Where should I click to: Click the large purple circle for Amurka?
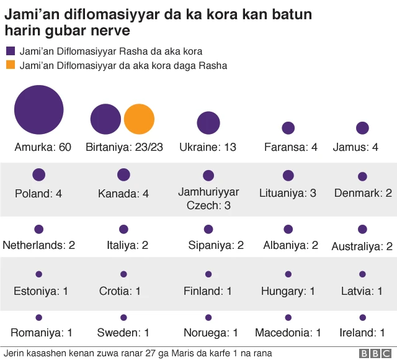(39, 110)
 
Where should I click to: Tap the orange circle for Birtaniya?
(139, 120)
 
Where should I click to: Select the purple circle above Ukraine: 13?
(208, 123)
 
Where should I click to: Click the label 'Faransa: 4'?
(291, 148)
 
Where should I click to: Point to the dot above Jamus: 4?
(363, 128)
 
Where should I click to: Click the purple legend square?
(11, 52)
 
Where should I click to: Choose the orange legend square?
(11, 65)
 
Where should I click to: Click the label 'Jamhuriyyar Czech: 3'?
(208, 199)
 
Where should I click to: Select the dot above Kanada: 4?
(123, 174)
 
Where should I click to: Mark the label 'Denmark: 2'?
(363, 193)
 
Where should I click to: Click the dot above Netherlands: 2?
(39, 229)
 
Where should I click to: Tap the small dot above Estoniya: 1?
(39, 274)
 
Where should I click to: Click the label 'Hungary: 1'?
(288, 290)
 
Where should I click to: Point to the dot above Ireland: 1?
(363, 317)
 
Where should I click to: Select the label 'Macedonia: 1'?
(288, 333)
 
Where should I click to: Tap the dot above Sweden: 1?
(123, 317)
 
